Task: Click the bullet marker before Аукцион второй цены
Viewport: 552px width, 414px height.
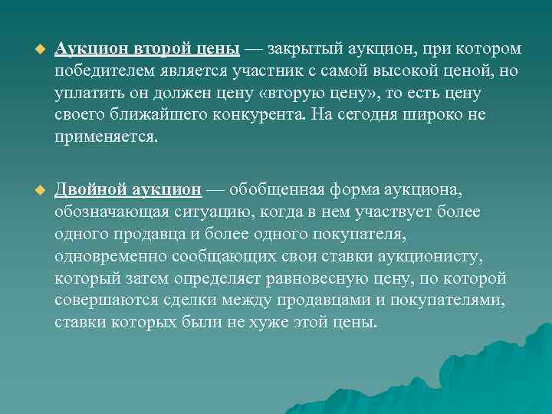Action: point(31,50)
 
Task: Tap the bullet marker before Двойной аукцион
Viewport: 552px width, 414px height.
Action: point(31,189)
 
